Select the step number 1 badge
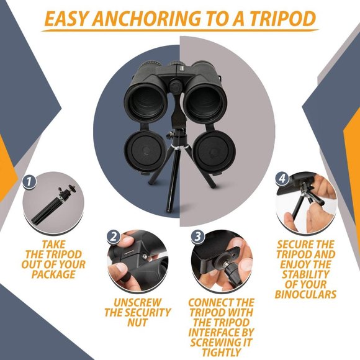tap(28, 182)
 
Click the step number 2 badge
tap(114, 236)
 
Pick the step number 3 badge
tap(197, 236)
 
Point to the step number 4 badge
tap(282, 178)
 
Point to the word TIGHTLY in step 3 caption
tap(220, 352)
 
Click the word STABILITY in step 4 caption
tap(305, 274)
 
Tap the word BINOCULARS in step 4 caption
tap(305, 294)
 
